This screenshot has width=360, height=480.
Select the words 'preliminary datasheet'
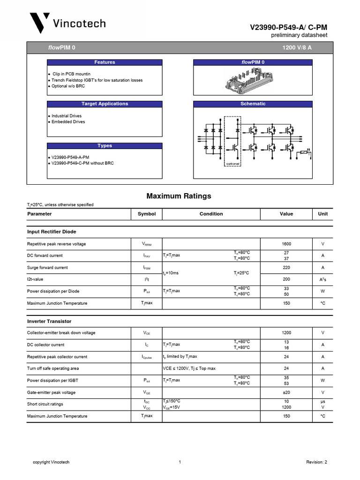299,36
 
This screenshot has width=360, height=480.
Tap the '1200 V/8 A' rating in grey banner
297,48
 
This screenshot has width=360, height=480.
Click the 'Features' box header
105,62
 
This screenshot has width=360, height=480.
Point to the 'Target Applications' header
105,104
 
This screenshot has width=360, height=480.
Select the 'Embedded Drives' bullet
68,122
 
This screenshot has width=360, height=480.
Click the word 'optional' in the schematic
232,164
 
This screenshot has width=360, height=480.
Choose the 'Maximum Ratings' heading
179,196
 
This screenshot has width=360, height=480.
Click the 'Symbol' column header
146,214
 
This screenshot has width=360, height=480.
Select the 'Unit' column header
322,214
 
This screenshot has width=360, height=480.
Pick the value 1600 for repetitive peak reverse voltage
286,244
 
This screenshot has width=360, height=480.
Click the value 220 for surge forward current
286,268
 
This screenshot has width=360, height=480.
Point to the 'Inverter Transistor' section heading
49,321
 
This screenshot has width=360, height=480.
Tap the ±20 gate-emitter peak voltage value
286,392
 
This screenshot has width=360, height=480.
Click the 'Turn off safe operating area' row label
52,368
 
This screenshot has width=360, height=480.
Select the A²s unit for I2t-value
322,279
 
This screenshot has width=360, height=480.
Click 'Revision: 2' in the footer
316,462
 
